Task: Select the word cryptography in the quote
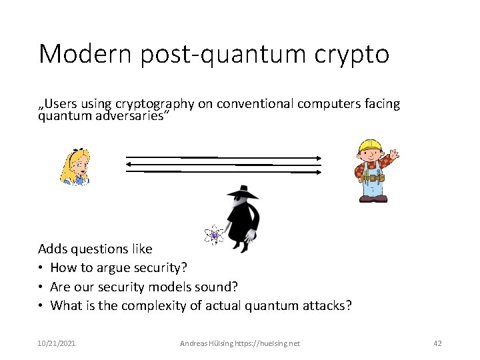pyautogui.click(x=154, y=104)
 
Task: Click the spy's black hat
pyautogui.click(x=242, y=192)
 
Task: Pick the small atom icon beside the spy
pyautogui.click(x=213, y=235)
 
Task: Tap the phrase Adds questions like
pyautogui.click(x=95, y=249)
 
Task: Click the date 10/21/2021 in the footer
pyautogui.click(x=57, y=343)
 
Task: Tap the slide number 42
pyautogui.click(x=437, y=343)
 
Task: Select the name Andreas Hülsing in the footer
pyautogui.click(x=206, y=343)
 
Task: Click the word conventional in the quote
pyautogui.click(x=254, y=104)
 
